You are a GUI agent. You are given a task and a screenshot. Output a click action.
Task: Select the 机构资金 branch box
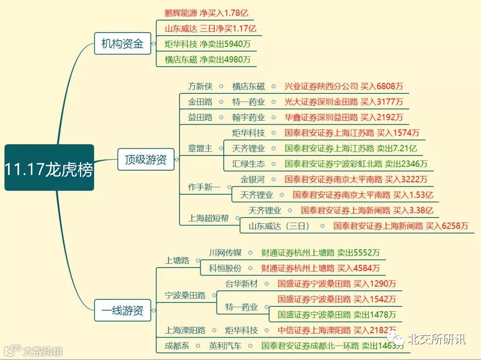(122, 44)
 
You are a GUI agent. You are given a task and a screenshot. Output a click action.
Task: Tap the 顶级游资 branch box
(146, 159)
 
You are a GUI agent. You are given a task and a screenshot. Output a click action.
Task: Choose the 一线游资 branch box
(122, 310)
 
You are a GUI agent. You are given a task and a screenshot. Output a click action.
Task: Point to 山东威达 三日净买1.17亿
(210, 29)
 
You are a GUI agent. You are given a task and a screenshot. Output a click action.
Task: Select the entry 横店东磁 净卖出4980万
(208, 59)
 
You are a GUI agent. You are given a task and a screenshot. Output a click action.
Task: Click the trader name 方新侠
(200, 86)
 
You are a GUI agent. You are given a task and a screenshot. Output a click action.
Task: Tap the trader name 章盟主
(200, 148)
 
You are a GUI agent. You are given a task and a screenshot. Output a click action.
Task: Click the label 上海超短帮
(208, 218)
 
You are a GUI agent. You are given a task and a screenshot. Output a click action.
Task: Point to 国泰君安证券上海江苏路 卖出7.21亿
(351, 148)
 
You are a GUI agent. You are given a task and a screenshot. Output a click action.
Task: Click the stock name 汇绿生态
(248, 164)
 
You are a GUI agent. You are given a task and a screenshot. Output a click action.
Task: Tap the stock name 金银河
(252, 180)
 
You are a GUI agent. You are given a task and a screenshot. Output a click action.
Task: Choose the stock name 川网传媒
(225, 253)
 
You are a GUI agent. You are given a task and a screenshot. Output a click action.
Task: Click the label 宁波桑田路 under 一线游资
(185, 295)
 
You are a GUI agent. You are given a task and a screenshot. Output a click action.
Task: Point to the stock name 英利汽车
(225, 346)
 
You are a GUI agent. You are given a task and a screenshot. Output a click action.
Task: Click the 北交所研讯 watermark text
(436, 339)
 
